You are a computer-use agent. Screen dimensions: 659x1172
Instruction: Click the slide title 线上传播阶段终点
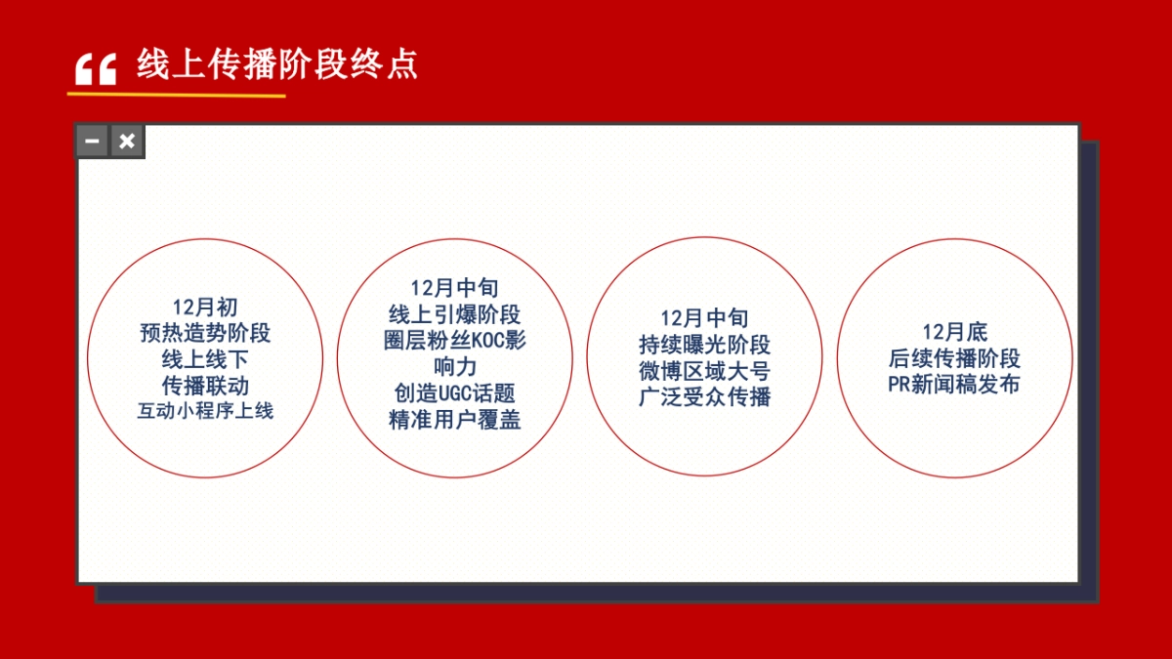[x=277, y=64]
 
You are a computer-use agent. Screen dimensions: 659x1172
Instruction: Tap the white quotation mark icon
[x=96, y=69]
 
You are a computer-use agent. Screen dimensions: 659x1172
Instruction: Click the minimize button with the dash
[x=92, y=142]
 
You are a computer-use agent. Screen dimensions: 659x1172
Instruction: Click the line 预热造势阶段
[x=205, y=333]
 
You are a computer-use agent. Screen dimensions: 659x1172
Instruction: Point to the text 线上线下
[x=205, y=359]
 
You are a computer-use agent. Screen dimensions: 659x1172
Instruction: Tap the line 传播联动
[x=205, y=385]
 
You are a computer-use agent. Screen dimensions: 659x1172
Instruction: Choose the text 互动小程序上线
[x=205, y=410]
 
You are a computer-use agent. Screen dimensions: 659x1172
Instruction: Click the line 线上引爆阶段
[x=454, y=314]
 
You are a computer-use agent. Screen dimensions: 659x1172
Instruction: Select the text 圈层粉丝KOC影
[x=454, y=341]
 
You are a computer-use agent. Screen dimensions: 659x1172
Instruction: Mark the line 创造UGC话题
[x=454, y=393]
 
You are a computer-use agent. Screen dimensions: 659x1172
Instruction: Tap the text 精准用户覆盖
[x=454, y=420]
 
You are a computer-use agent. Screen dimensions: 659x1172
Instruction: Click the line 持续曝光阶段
[x=704, y=345]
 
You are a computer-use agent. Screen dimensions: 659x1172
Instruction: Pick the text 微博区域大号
[x=704, y=371]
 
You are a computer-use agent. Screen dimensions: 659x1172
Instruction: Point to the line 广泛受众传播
[x=704, y=397]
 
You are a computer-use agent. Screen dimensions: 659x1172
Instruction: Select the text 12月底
[x=954, y=332]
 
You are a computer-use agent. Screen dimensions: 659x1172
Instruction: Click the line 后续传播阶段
[x=954, y=358]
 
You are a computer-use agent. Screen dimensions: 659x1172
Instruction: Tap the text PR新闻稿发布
[x=954, y=384]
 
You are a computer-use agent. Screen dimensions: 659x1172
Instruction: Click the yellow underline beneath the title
[x=176, y=96]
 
